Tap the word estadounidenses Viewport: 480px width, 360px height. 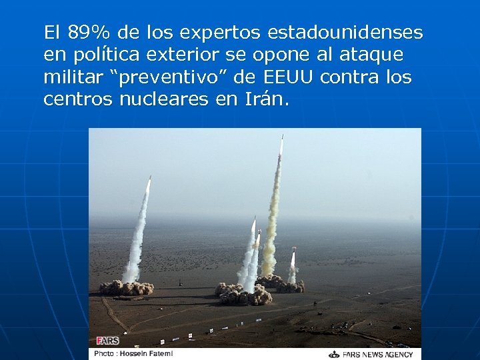point(345,32)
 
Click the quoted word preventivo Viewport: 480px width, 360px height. point(172,77)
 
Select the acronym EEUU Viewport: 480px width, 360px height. point(289,77)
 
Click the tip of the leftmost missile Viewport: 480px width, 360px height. point(149,178)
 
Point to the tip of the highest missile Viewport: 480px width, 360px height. point(282,137)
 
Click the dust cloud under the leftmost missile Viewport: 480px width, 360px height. point(127,287)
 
